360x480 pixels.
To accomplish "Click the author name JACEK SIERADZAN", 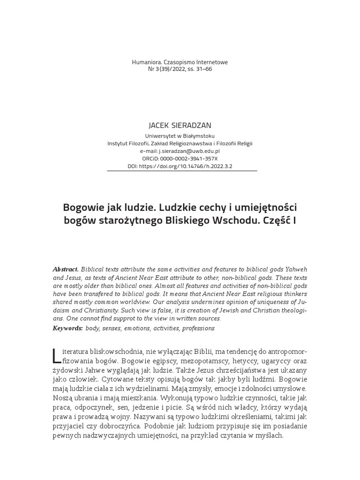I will pyautogui.click(x=180, y=126).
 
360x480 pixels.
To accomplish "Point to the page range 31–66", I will pyautogui.click(x=203, y=69).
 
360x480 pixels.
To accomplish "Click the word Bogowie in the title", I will pyautogui.click(x=82, y=207).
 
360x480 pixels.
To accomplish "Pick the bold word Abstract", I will pyautogui.click(x=66, y=270).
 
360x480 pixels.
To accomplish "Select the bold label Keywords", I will pyautogui.click(x=68, y=328).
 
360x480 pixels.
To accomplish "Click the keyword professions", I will pyautogui.click(x=198, y=328).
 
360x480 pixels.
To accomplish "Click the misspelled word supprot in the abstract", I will pyautogui.click(x=122, y=318).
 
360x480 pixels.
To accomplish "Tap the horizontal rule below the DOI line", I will pyautogui.click(x=182, y=171).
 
